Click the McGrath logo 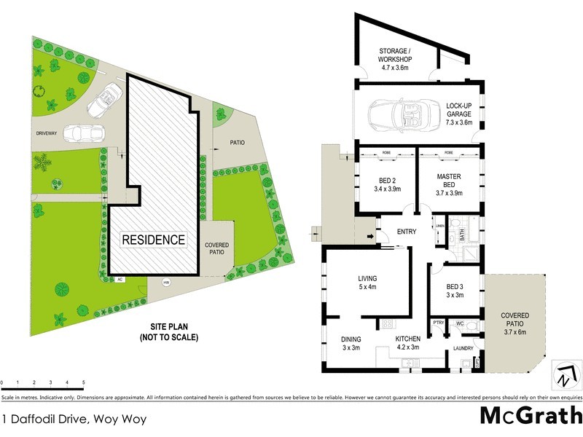tap(531, 415)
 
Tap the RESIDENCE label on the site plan tap(153, 239)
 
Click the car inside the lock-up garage tap(397, 113)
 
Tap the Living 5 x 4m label tap(367, 283)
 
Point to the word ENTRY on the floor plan tap(407, 232)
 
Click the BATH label tap(461, 235)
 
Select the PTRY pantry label tap(439, 323)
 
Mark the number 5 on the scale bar tap(84, 382)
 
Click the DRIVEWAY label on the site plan tap(49, 134)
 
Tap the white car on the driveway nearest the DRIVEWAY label tap(82, 135)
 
